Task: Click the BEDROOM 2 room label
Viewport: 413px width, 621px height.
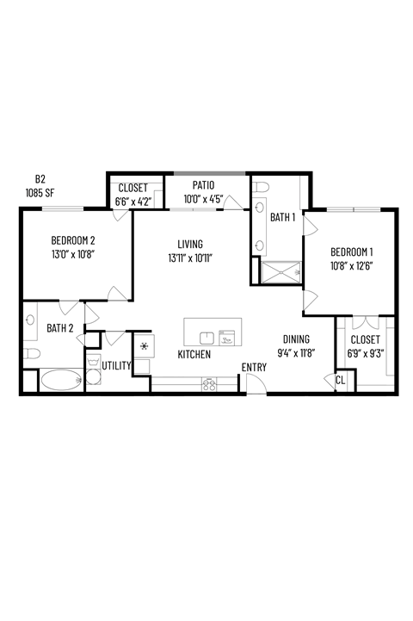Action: [72, 240]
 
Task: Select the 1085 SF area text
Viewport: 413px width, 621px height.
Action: [40, 193]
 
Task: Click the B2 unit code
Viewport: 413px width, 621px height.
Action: [40, 179]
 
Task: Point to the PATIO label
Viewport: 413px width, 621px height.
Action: [203, 185]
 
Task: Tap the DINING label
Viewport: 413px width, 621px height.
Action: [295, 339]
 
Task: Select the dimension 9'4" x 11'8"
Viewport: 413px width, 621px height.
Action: [295, 352]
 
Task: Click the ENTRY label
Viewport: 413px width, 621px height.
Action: [254, 368]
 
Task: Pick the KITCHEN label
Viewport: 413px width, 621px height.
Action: [194, 354]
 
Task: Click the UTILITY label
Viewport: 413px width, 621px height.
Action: [116, 366]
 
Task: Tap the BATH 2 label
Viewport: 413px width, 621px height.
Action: [60, 328]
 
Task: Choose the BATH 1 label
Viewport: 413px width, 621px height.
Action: [283, 218]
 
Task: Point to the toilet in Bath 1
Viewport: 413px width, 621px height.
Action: [261, 187]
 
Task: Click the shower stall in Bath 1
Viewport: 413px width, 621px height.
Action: [280, 273]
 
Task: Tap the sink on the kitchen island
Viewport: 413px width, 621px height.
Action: [206, 337]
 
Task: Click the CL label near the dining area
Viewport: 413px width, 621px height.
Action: [340, 380]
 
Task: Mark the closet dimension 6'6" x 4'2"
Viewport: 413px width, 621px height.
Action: [133, 201]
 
